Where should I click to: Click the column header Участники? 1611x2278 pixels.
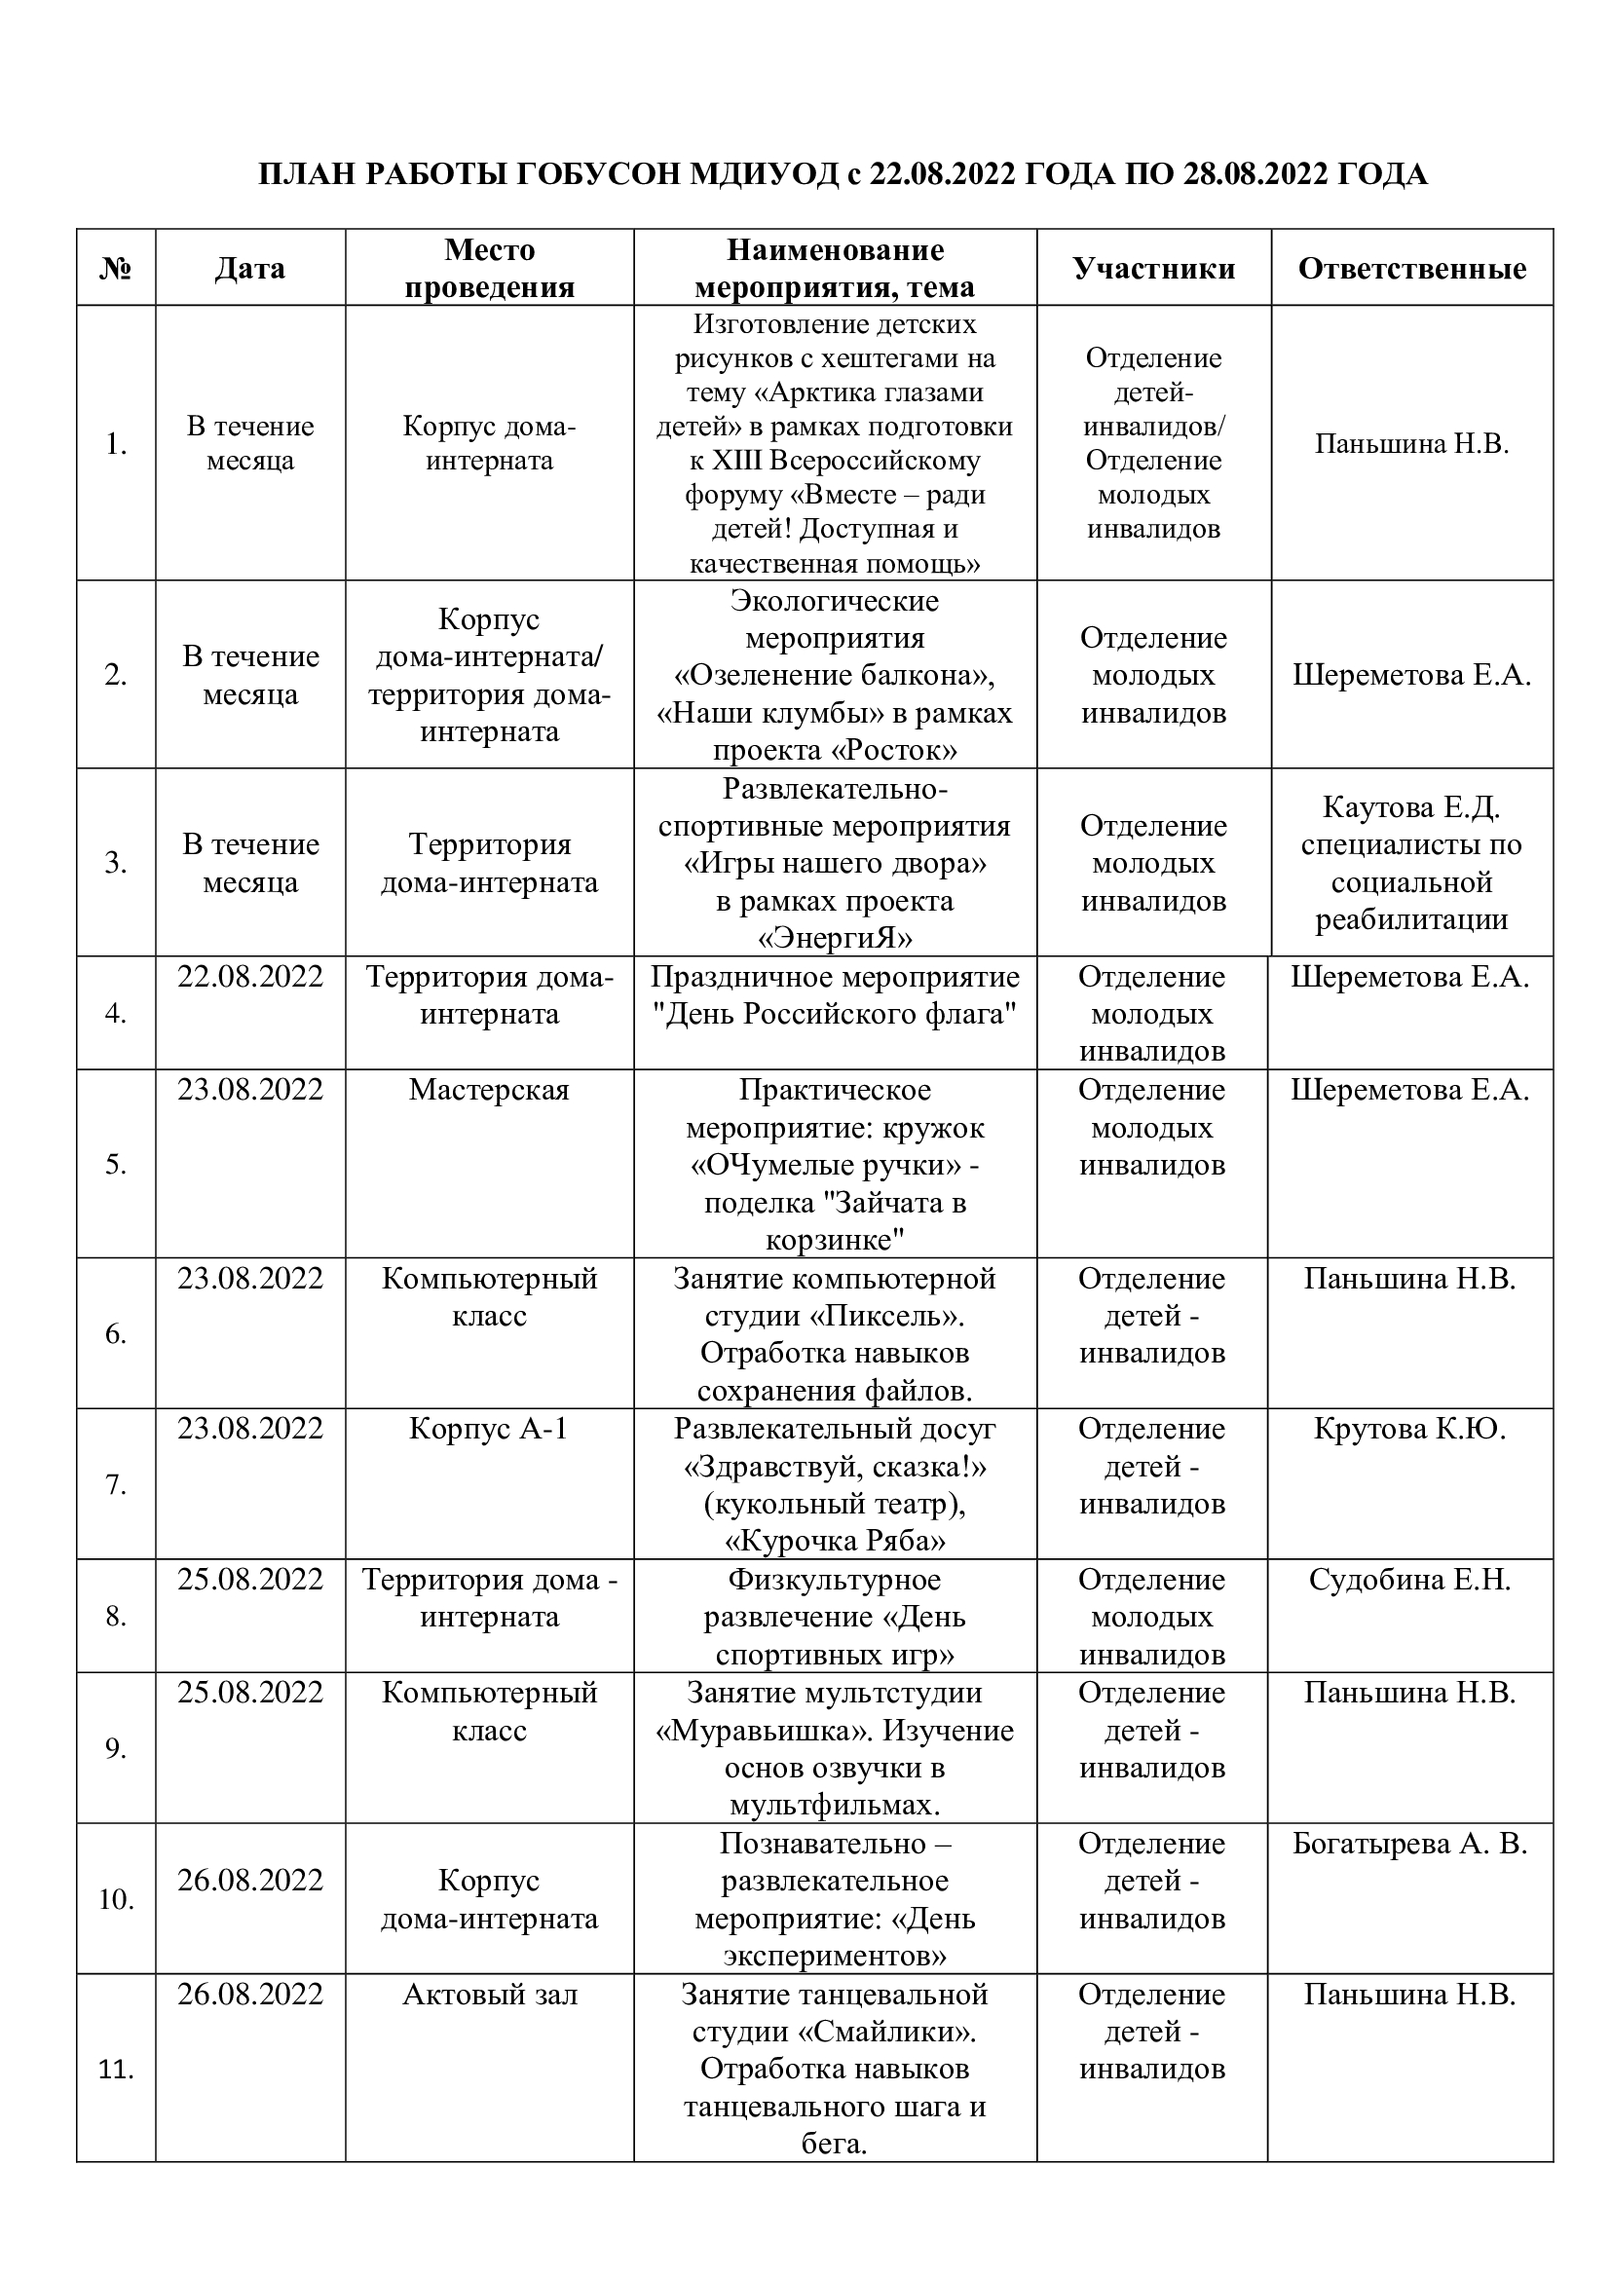[1152, 269]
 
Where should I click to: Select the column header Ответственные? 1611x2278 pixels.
[1410, 269]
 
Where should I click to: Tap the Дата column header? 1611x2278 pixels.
[250, 269]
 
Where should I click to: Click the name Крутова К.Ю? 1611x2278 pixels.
[1408, 1429]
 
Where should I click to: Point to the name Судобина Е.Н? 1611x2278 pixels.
[1408, 1580]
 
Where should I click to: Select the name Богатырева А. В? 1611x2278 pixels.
[1408, 1844]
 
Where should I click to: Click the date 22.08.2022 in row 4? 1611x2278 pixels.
[250, 977]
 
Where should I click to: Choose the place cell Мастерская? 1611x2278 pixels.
[489, 1091]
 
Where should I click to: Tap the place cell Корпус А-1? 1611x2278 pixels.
[489, 1429]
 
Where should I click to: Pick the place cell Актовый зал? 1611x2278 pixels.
[489, 1995]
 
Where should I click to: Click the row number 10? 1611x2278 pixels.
[116, 1899]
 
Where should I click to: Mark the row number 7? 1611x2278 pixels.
[116, 1485]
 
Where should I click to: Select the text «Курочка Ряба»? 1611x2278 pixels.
[835, 1541]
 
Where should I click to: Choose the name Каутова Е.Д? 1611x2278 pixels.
[1410, 807]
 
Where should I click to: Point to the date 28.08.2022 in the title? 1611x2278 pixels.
[1255, 174]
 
